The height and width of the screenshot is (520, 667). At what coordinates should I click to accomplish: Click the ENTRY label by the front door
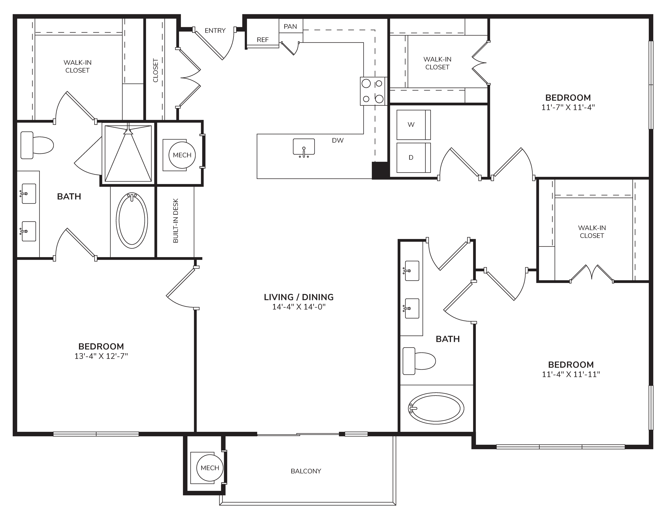click(215, 30)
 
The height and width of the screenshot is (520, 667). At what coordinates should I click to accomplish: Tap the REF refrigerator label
click(263, 40)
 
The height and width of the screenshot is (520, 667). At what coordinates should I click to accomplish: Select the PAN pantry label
click(290, 26)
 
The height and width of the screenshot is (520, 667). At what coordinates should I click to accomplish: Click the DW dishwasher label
click(338, 140)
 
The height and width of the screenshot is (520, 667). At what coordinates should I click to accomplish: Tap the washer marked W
click(414, 125)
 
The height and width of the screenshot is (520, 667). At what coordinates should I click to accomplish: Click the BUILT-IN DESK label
click(176, 221)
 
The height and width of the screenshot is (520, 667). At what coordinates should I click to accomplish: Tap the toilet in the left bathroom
click(37, 145)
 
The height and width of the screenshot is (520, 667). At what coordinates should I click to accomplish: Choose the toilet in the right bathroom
click(419, 361)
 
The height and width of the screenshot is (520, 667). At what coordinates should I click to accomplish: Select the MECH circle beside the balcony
click(210, 468)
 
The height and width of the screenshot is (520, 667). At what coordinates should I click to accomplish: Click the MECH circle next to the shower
click(182, 155)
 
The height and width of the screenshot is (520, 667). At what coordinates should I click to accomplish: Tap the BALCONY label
click(306, 471)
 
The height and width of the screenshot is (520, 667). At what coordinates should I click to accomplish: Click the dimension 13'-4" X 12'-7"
click(101, 356)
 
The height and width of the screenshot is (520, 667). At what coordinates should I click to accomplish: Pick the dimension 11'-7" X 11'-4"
click(568, 107)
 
